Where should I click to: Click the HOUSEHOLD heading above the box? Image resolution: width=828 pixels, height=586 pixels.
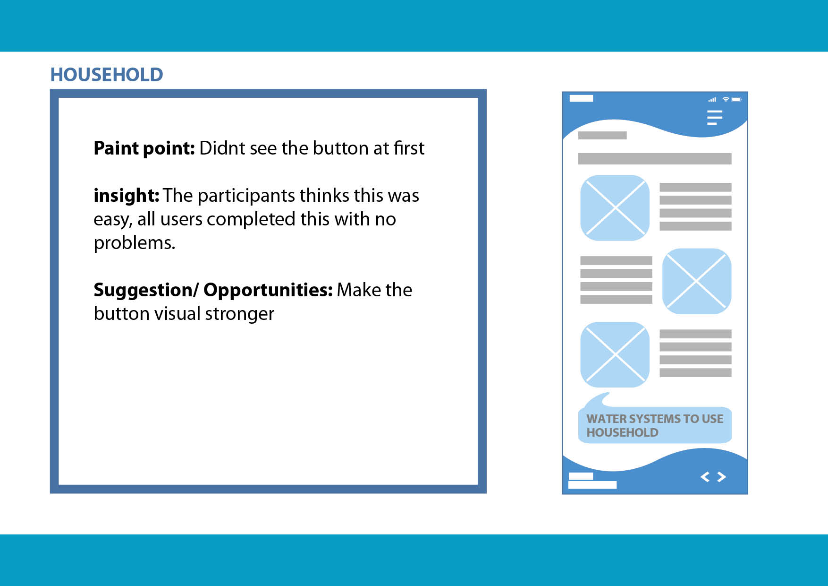coord(107,75)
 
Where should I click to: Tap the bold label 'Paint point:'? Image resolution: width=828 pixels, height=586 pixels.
coord(144,148)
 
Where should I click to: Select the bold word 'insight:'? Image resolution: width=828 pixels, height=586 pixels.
coord(126,195)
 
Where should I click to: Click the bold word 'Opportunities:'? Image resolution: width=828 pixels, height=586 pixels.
coord(268,290)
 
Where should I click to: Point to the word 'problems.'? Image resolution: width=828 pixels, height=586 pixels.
coord(135,243)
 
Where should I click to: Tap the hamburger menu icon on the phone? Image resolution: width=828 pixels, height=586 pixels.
coord(715,117)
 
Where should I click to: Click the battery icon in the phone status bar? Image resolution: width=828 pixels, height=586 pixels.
coord(737,99)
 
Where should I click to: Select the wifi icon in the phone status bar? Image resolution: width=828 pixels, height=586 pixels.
coord(726,99)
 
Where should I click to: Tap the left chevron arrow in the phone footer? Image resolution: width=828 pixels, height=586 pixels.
coord(705,477)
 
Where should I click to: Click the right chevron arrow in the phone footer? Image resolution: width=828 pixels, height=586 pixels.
coord(721,477)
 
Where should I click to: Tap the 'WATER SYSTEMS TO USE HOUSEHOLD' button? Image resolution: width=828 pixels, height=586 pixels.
coord(655,425)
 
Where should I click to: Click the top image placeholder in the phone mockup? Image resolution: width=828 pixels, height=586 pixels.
coord(615,207)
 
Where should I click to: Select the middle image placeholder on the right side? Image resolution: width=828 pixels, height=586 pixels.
coord(697,281)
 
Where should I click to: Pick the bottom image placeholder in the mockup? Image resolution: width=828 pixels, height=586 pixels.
coord(615,354)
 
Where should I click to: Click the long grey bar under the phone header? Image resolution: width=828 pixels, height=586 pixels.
coord(655,159)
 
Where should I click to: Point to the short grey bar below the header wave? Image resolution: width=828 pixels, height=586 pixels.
coord(602,136)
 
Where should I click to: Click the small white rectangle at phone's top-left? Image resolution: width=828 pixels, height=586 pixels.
coord(581,98)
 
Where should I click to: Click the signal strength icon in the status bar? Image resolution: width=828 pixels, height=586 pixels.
coord(712,100)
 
